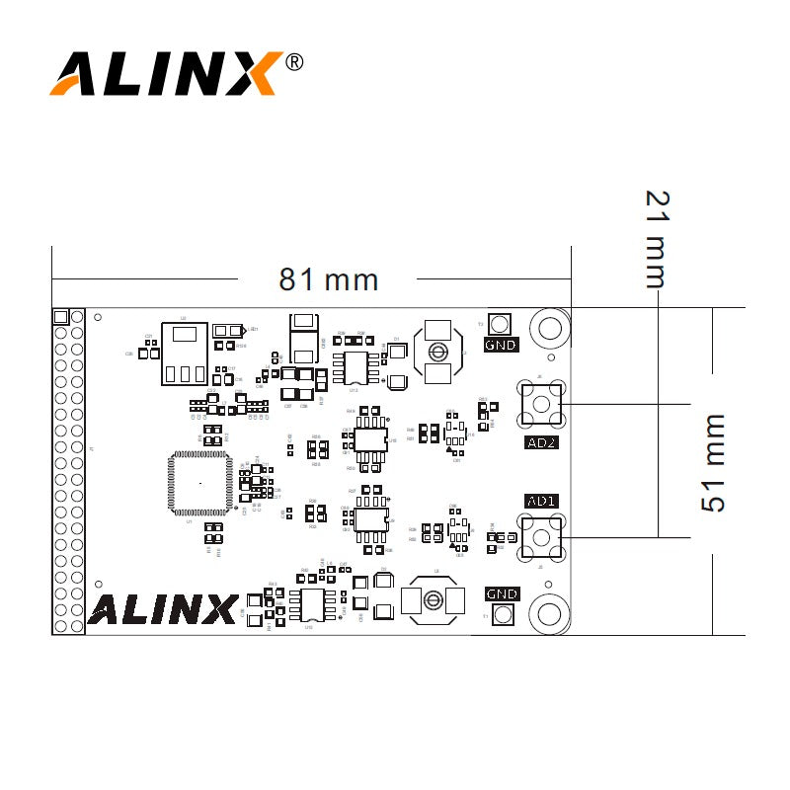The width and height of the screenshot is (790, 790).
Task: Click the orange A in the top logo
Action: pyautogui.click(x=76, y=74)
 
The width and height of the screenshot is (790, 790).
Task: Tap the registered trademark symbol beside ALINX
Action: pyautogui.click(x=293, y=62)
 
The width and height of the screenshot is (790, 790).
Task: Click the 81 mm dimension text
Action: pyautogui.click(x=328, y=279)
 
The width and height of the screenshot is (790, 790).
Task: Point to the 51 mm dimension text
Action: pyautogui.click(x=712, y=463)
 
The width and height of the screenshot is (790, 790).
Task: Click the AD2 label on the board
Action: pyautogui.click(x=541, y=442)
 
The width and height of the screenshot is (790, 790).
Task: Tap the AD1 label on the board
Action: pyautogui.click(x=541, y=501)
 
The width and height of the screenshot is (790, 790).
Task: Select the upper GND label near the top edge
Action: pyautogui.click(x=501, y=345)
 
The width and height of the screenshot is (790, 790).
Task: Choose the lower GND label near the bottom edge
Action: pyautogui.click(x=502, y=593)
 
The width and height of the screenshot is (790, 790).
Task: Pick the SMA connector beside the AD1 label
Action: pyautogui.click(x=542, y=537)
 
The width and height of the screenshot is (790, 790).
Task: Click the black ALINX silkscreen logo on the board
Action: pyautogui.click(x=162, y=608)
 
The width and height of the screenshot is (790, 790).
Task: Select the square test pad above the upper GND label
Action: pyautogui.click(x=501, y=324)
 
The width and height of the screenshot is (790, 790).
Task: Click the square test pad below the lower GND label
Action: pyautogui.click(x=502, y=614)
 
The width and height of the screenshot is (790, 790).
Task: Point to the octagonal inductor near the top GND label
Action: pyautogui.click(x=435, y=353)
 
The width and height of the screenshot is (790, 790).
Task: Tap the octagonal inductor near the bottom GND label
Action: pyautogui.click(x=433, y=598)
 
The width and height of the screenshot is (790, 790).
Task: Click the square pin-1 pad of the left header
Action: pyautogui.click(x=60, y=317)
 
